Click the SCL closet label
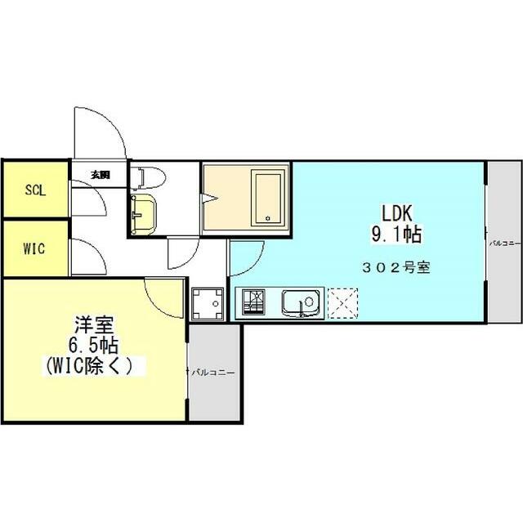pos(34,190)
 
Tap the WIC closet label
pos(34,248)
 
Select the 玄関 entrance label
pos(100,175)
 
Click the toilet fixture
pos(150,177)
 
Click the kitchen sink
pos(300,303)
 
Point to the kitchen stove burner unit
pos(252,303)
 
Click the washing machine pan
pos(208,303)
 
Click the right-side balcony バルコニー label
pos(503,244)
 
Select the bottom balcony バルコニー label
pos(212,373)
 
